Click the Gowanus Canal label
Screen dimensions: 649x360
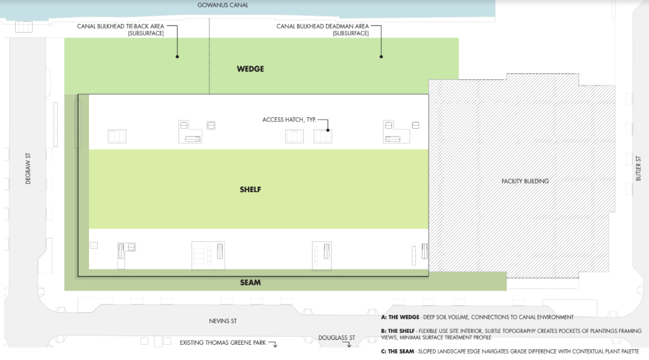(x=222, y=5)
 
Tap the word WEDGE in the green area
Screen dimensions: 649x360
(x=250, y=69)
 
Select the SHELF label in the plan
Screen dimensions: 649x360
(x=250, y=190)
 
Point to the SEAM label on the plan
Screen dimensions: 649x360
(x=250, y=282)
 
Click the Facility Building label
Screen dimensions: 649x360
(x=525, y=181)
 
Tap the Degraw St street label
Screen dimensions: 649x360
(x=28, y=169)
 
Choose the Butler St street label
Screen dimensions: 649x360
(x=638, y=168)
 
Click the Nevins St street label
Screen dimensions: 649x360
(x=222, y=321)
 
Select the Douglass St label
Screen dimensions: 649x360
(x=336, y=338)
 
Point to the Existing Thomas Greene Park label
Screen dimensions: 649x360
(x=222, y=343)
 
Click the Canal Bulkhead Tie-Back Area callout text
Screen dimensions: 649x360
(x=120, y=29)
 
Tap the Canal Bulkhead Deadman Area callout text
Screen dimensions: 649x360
(x=322, y=29)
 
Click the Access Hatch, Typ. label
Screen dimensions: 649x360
(x=289, y=119)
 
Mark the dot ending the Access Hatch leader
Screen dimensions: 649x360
(x=328, y=130)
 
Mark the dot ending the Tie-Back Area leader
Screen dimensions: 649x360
(x=177, y=57)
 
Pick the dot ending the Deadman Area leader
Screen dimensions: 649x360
(x=381, y=57)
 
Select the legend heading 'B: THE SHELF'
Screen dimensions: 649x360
(x=397, y=331)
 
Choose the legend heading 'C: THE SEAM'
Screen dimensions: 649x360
(x=397, y=351)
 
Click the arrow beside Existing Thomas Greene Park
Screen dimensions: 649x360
(x=273, y=343)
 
